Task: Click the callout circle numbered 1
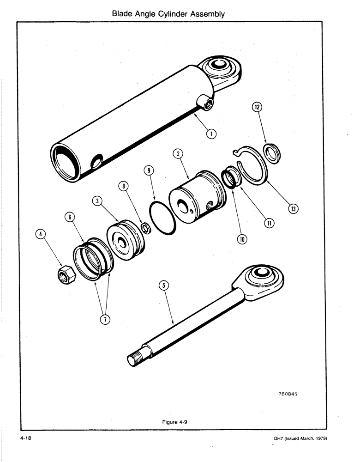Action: click(211, 134)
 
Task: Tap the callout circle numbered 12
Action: click(257, 107)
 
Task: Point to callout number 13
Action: click(293, 209)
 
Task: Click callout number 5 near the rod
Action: click(162, 286)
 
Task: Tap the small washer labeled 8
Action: click(145, 228)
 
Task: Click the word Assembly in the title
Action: click(203, 14)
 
